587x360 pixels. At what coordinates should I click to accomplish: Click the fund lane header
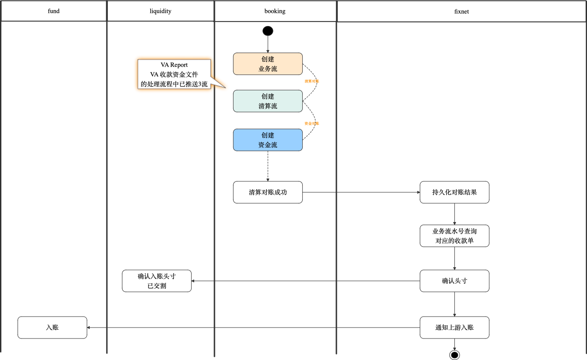point(53,11)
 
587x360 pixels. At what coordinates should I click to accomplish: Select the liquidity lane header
point(160,11)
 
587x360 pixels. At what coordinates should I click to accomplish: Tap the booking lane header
point(275,11)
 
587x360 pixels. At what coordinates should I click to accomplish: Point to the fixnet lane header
point(461,11)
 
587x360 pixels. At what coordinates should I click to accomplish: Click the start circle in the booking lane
point(268,31)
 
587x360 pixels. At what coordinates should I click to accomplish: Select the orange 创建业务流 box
point(268,64)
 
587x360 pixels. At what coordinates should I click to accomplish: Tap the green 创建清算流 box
point(268,101)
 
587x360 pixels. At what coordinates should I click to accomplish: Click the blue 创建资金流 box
point(268,140)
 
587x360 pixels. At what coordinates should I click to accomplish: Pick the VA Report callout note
point(174,74)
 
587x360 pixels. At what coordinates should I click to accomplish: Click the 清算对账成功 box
point(268,192)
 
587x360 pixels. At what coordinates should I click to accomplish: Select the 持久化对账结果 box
point(454,192)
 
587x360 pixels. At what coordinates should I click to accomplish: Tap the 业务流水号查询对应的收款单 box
point(454,236)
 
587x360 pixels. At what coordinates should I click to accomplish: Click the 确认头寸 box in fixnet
point(454,281)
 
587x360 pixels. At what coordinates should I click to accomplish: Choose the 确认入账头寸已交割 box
point(157,281)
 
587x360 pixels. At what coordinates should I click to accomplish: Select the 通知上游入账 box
point(454,328)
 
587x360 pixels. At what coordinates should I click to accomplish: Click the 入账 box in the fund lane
point(52,328)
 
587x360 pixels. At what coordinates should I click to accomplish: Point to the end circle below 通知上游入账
point(454,355)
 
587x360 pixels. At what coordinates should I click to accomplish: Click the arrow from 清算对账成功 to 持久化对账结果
point(361,192)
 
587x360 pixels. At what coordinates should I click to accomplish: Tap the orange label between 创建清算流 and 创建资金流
point(312,123)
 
